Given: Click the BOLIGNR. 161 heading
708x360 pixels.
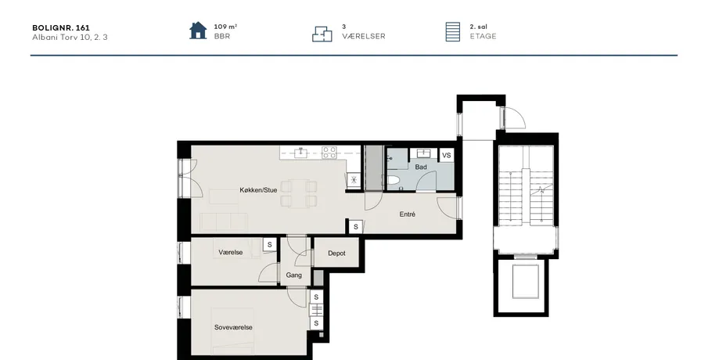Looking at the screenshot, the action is coord(61,27).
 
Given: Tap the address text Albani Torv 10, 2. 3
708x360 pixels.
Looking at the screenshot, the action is coord(70,37).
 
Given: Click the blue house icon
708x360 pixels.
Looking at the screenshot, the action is coord(198,31).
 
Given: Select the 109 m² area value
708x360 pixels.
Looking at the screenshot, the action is coord(225,27).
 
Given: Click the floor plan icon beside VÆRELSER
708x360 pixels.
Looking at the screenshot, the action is coord(322,34).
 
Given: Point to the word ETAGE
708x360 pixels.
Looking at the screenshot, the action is coord(483,36).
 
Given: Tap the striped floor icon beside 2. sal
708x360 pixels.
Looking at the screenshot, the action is coord(453,31).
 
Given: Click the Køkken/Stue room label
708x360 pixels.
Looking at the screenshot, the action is coord(258,190).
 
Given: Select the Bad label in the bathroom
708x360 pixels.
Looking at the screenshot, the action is coord(421,167).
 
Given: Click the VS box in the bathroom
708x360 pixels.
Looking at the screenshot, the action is coord(446,155).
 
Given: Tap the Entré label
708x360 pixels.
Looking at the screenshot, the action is coord(408,214).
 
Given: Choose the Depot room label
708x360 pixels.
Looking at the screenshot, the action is coord(336,254).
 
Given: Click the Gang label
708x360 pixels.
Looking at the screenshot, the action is coord(293,275).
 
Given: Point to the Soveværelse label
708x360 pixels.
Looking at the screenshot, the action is coord(233,327).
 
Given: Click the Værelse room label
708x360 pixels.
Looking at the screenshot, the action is coord(230,253).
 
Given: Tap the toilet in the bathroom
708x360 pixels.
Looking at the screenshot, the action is coord(393,181).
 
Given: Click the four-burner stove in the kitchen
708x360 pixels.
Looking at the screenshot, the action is coord(329,153).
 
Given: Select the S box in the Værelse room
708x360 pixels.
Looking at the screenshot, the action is coord(270,244).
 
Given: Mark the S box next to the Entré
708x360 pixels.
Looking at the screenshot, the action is coord(356,227).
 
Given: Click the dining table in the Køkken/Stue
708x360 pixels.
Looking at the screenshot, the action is coord(299,193).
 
